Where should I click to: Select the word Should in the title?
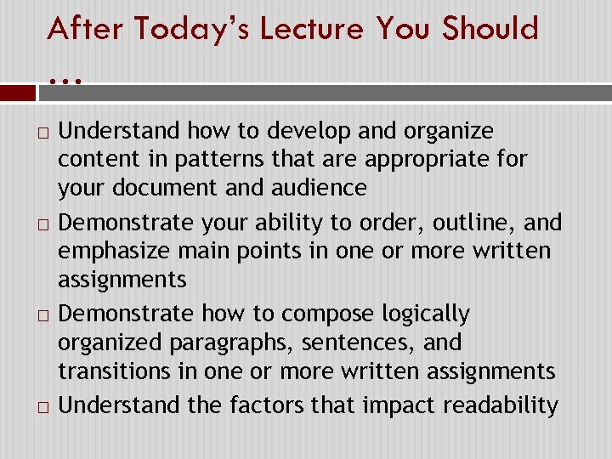492,29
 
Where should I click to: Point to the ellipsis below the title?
65,81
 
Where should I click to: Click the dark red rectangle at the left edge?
17,93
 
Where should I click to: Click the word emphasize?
110,252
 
